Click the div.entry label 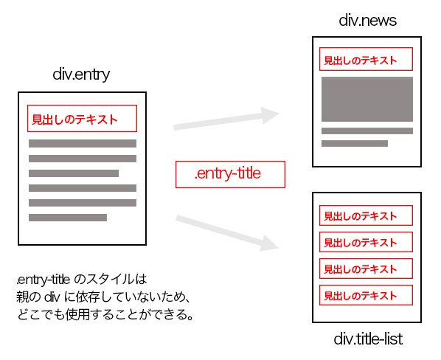tap(81, 75)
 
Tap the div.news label tap(367, 20)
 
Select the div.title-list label tap(368, 339)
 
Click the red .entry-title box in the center tap(230, 174)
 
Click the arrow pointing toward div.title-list tap(226, 232)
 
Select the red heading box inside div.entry tap(82, 119)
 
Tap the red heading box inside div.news tap(366, 59)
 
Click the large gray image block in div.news tap(367, 99)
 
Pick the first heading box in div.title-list tap(366, 215)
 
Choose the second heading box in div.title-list tap(366, 242)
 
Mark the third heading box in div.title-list tap(366, 269)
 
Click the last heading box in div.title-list tap(366, 295)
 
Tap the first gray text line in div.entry tap(83, 143)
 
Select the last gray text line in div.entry tap(68, 218)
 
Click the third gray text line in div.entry tap(74, 173)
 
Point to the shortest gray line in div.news tap(355, 143)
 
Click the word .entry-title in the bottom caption tap(43, 280)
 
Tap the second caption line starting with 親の tap(103, 297)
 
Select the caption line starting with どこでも tap(105, 314)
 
